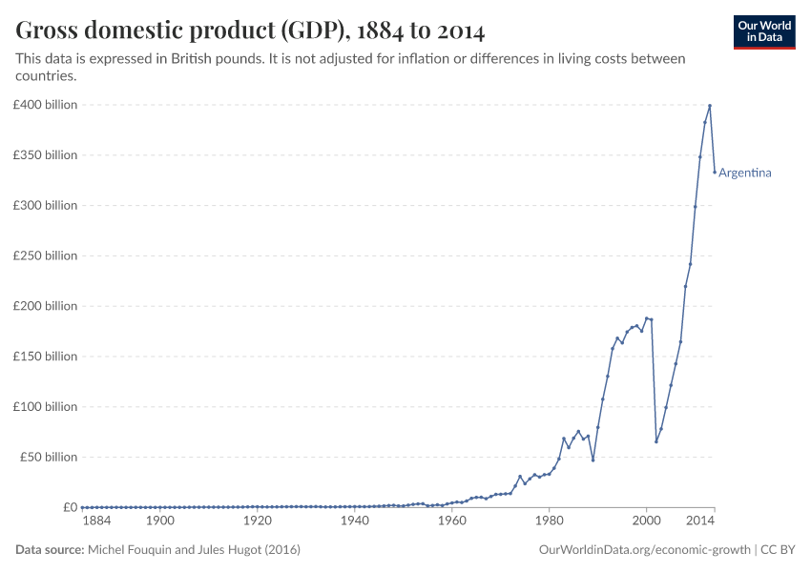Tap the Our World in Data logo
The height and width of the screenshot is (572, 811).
click(763, 31)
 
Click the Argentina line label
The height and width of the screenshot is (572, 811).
click(744, 173)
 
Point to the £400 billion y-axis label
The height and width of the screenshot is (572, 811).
click(45, 105)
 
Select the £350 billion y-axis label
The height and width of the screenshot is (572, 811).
click(45, 155)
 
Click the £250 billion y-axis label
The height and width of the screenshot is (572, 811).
click(45, 255)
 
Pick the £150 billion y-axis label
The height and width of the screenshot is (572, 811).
click(45, 357)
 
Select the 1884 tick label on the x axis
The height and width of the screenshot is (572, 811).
click(96, 521)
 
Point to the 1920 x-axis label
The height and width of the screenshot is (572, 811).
click(257, 521)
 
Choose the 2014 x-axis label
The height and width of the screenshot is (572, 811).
click(700, 521)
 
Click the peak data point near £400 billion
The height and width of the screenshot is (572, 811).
click(709, 106)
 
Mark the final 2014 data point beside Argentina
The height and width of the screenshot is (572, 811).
click(714, 172)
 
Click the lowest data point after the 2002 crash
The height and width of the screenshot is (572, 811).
click(655, 441)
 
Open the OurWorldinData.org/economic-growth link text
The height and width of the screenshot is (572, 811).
click(644, 550)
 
